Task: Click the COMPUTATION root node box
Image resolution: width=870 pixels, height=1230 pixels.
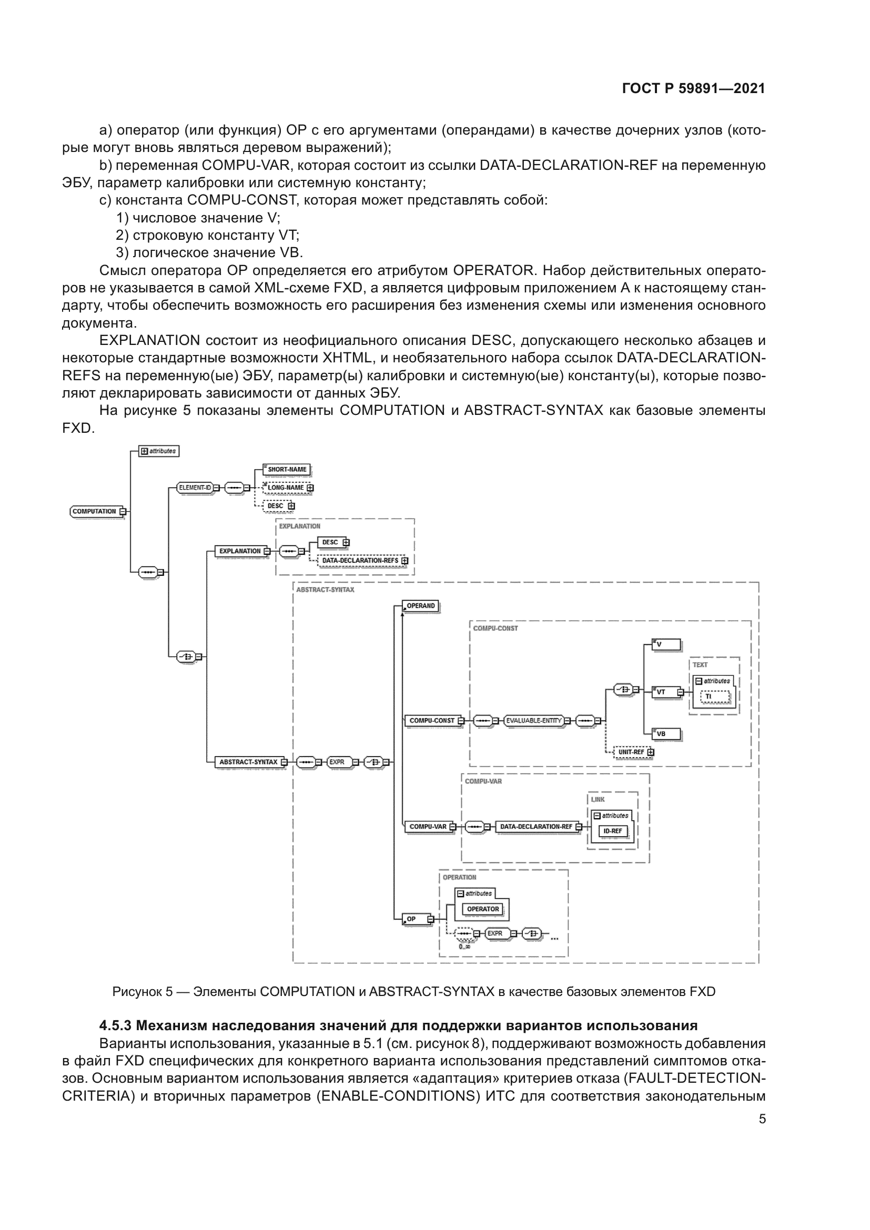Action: pos(94,511)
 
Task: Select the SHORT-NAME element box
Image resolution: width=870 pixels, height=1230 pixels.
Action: pos(287,469)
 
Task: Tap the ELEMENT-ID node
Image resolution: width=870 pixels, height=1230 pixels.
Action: pos(195,487)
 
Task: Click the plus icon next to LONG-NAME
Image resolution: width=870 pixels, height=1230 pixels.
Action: pos(310,488)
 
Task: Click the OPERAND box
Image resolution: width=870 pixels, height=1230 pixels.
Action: pos(421,606)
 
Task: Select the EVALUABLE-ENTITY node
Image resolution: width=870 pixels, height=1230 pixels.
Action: pos(533,720)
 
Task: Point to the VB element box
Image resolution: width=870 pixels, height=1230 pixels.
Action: pos(666,734)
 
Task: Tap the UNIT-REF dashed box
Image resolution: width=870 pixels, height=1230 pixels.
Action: pos(631,752)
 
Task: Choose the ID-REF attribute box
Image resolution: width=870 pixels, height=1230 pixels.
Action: pos(613,831)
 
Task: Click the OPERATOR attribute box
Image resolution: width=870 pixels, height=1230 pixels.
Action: pos(483,909)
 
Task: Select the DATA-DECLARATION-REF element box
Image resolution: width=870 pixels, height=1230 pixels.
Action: pos(535,827)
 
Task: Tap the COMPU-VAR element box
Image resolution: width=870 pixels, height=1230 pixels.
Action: pos(428,827)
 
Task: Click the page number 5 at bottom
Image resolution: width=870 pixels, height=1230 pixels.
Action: pos(762,1119)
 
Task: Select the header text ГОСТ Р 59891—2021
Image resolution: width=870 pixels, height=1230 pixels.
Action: pos(694,88)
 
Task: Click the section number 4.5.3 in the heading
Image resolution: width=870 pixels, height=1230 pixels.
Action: pos(115,1025)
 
